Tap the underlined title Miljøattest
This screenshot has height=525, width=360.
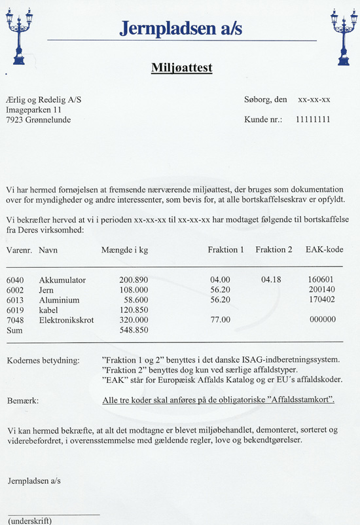point(181,67)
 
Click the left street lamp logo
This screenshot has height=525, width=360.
point(19,36)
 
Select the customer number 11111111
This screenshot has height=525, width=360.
point(312,120)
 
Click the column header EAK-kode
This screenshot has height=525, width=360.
point(324,250)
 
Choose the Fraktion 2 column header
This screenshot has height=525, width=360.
point(274,250)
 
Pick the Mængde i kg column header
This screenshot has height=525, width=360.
point(124,250)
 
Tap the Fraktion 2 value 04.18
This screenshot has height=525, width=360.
point(270,280)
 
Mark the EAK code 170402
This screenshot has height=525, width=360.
point(321,300)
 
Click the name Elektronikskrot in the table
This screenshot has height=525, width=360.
point(69,319)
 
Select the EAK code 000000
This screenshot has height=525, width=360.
point(321,319)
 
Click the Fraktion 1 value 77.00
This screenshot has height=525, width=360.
point(220,319)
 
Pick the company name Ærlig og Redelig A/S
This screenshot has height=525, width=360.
point(43,100)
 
